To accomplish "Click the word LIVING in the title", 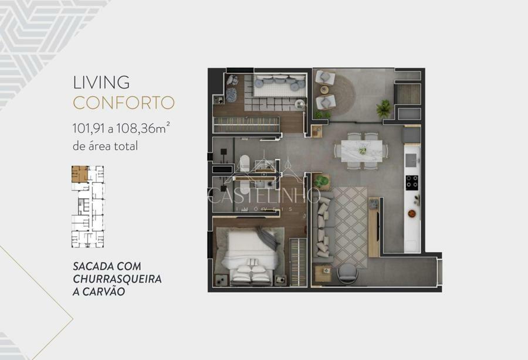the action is [x=101, y=83].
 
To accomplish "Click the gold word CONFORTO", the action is [x=124, y=103].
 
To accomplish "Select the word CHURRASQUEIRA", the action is [x=117, y=279].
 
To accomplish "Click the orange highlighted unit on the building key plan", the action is [x=80, y=174].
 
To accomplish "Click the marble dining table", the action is [x=361, y=151].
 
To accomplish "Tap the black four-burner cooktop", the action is [x=412, y=183].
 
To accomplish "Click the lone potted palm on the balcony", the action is [x=383, y=108].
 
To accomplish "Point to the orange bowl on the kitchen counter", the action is [x=411, y=213].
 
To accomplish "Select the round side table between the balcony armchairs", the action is [x=324, y=90].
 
